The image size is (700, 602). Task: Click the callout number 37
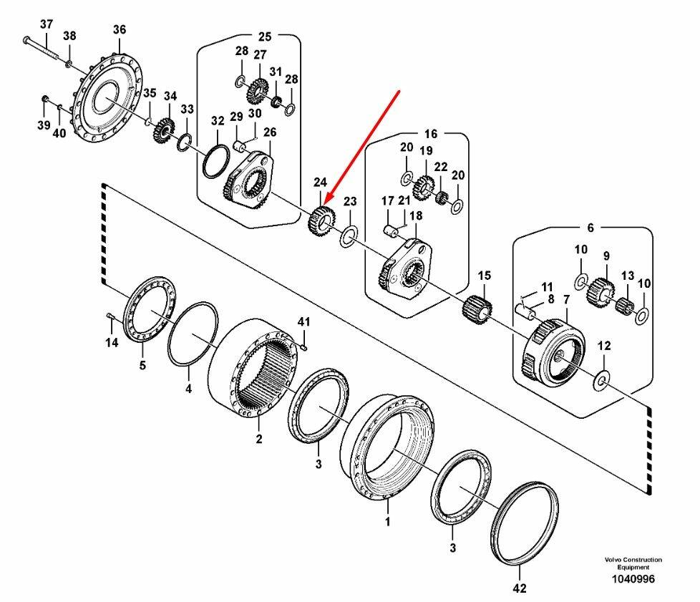(46, 24)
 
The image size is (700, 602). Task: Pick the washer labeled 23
(349, 235)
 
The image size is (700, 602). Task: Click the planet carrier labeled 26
(251, 182)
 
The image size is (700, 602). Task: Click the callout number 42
(520, 589)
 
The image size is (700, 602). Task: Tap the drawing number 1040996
(633, 579)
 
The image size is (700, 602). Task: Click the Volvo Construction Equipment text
(633, 563)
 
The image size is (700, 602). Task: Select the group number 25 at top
(265, 36)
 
